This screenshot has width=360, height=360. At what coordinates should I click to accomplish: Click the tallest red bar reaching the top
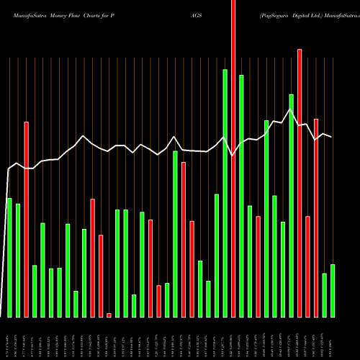click(x=233, y=158)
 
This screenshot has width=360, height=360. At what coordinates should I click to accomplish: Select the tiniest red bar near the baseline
click(x=109, y=315)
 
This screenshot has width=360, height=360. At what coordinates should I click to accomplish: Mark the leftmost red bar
click(x=26, y=220)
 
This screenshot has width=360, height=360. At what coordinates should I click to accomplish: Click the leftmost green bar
click(x=9, y=257)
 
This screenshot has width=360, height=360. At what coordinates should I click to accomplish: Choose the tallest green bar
click(x=225, y=193)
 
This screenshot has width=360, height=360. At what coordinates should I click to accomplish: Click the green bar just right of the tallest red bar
click(x=241, y=196)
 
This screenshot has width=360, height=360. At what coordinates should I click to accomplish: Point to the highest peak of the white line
click(x=290, y=109)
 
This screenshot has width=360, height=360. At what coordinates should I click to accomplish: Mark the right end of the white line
click(x=332, y=137)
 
